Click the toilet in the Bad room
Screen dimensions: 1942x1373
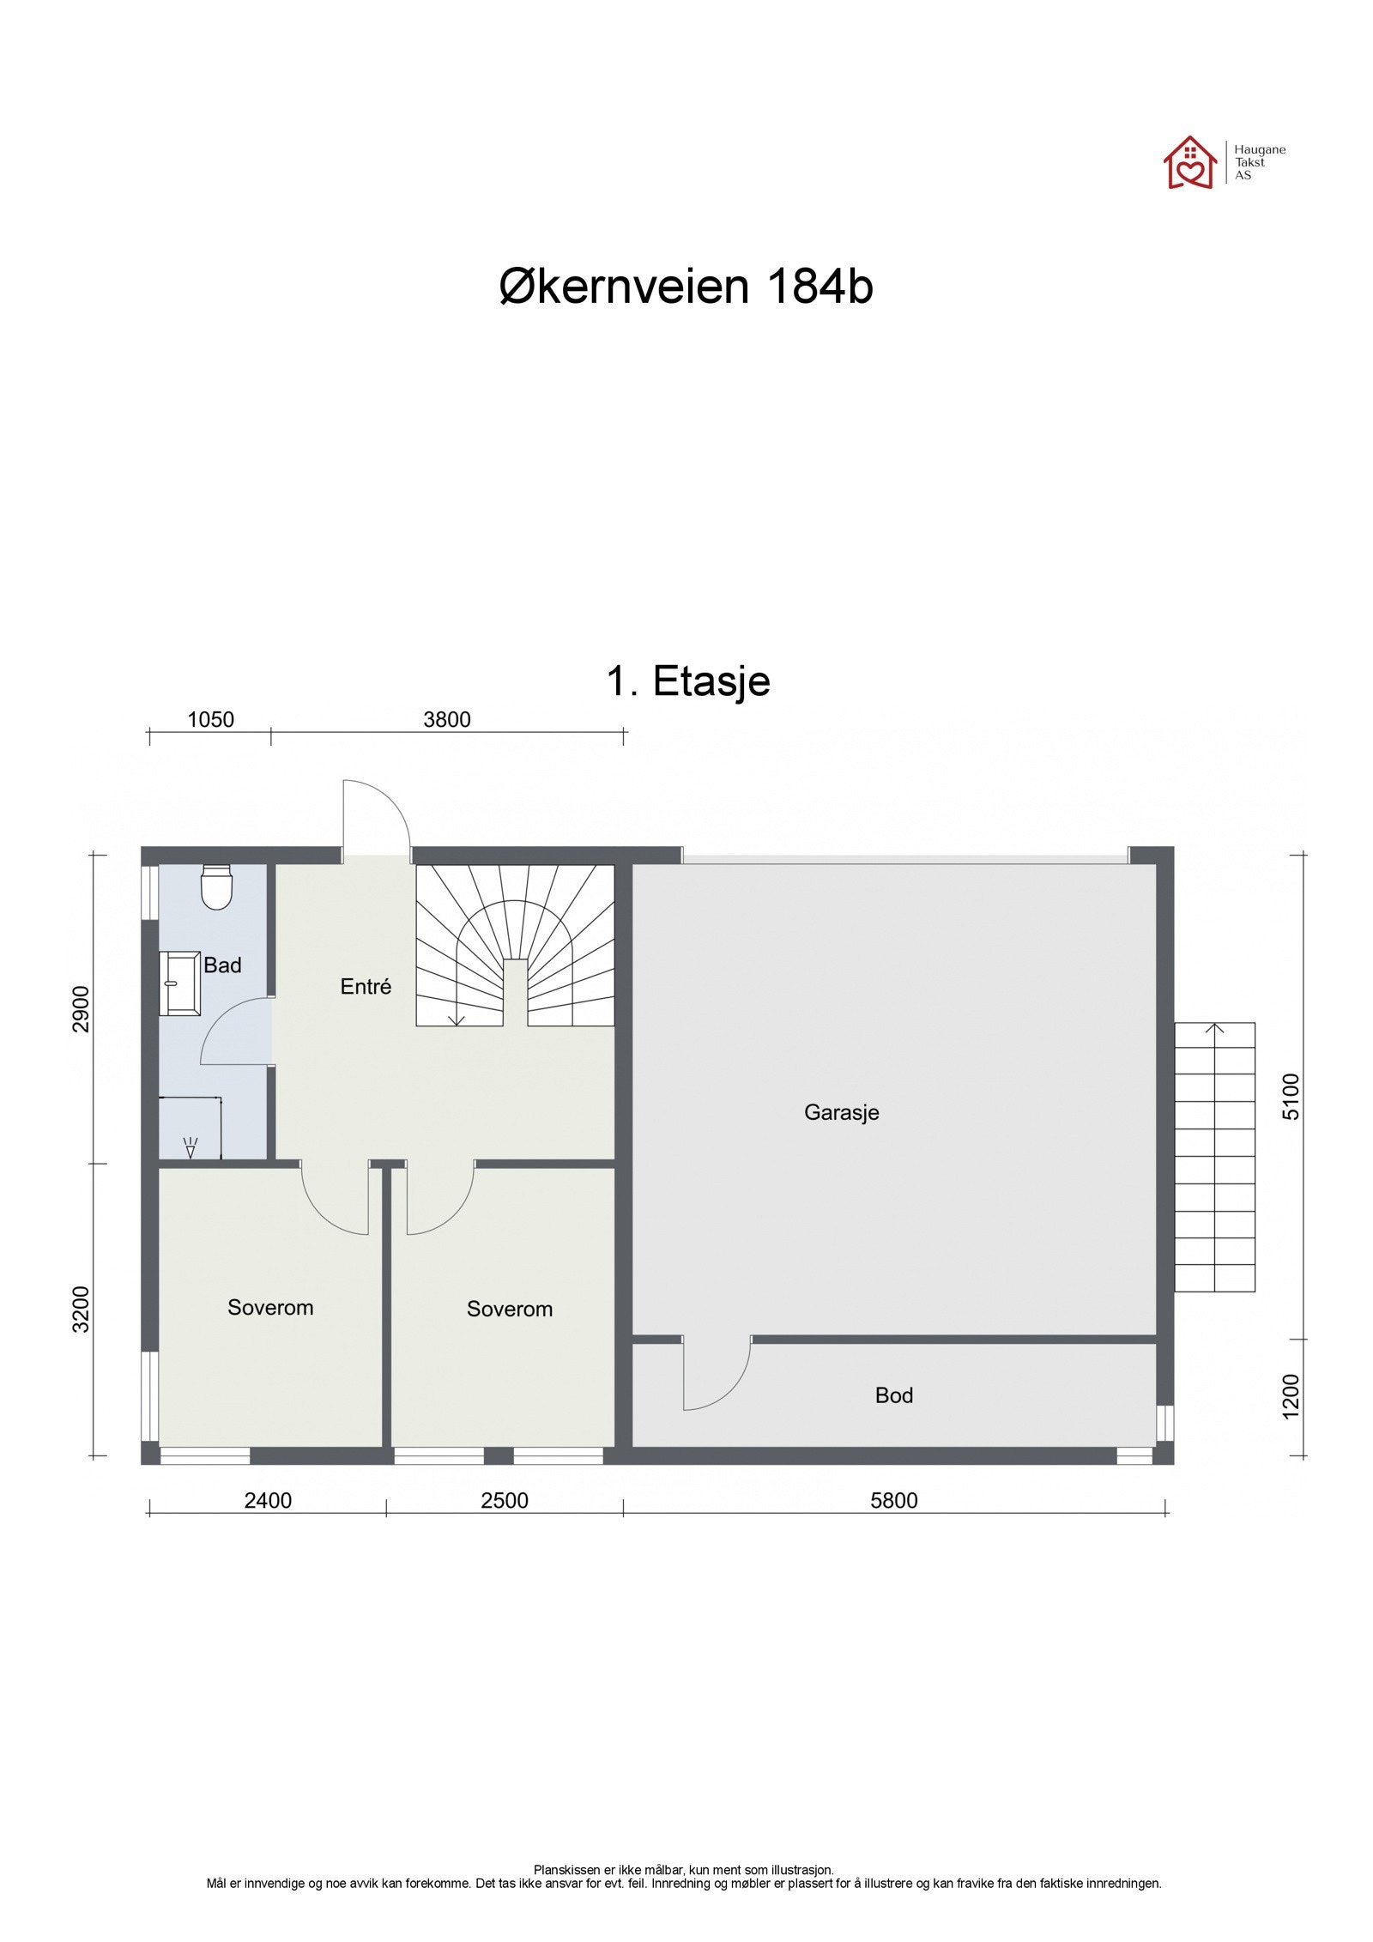[215, 886]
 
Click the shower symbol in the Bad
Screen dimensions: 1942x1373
[191, 1146]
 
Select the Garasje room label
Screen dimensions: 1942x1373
[840, 1112]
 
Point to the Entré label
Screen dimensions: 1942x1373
[365, 987]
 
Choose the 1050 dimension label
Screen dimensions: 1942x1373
[210, 720]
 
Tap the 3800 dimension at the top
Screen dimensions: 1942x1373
[446, 720]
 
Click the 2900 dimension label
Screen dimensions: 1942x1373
[81, 1009]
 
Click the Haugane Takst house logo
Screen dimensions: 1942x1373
[1189, 162]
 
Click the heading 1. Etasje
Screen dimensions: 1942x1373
[687, 681]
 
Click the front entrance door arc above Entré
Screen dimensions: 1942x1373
[378, 815]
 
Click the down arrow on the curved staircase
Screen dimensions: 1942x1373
[456, 1017]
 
